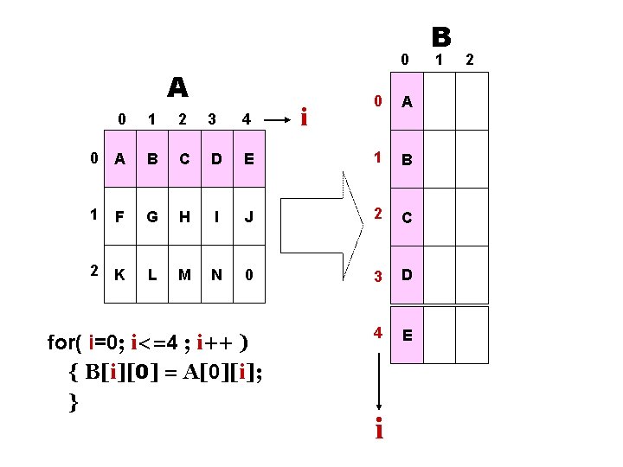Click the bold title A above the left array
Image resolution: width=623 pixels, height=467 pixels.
[177, 87]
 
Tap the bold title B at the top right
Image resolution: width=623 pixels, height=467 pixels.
[440, 37]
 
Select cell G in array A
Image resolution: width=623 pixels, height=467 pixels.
[152, 216]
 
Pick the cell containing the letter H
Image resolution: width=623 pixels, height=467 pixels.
[183, 216]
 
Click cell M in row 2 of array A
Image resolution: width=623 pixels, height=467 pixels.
[184, 275]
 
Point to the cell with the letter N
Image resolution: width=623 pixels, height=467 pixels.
[216, 275]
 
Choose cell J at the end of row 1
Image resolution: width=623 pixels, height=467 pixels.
[249, 216]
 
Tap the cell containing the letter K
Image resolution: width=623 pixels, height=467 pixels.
[119, 275]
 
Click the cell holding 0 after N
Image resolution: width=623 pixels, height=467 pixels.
[249, 275]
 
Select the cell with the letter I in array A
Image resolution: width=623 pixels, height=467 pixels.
[216, 216]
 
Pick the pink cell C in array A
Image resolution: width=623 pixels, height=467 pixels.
[184, 158]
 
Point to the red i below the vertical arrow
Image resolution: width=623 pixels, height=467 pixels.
[378, 427]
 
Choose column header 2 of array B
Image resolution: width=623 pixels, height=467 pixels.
[471, 60]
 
